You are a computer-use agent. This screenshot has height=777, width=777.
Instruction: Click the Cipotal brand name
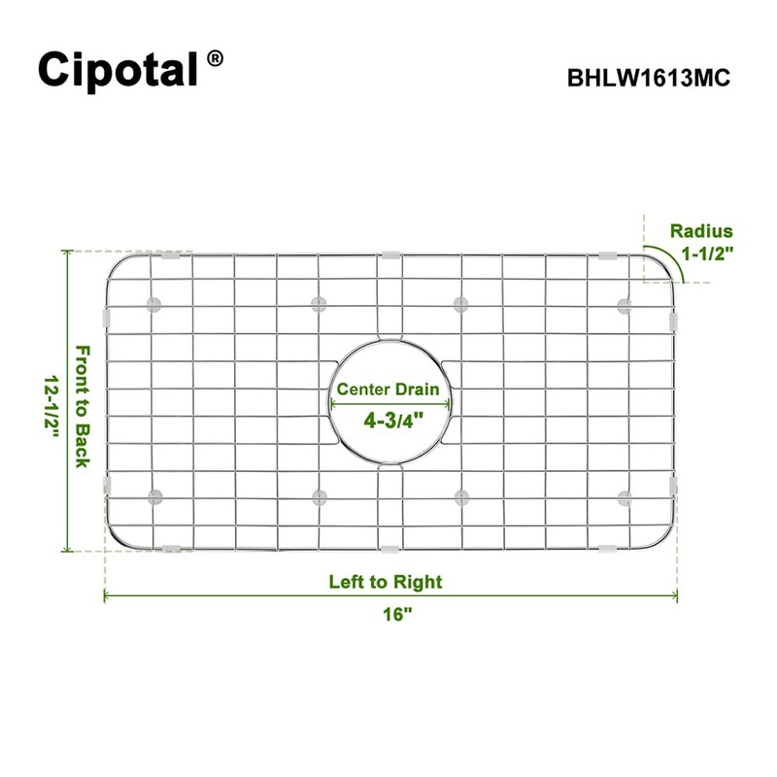[118, 69]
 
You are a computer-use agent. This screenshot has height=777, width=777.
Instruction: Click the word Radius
[701, 231]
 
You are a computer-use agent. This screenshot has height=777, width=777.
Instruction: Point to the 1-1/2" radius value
[706, 254]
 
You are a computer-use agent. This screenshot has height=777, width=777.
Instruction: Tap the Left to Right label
[385, 582]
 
